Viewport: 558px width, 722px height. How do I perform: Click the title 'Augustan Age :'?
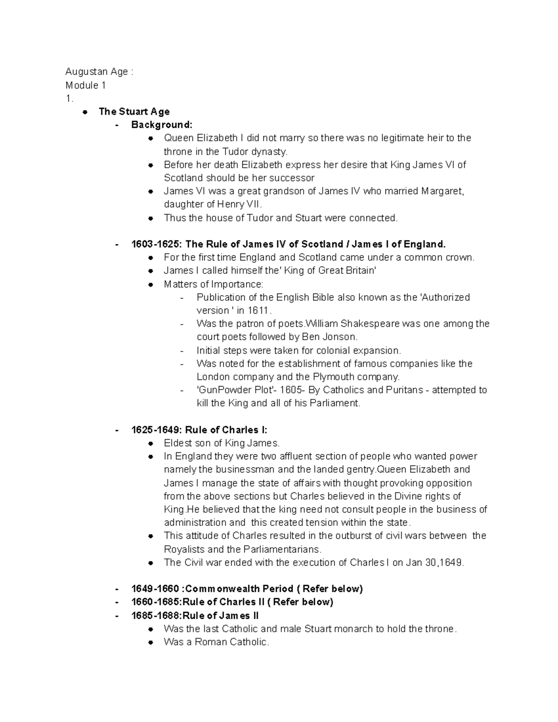(99, 72)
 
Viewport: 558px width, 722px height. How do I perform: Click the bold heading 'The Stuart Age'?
(134, 112)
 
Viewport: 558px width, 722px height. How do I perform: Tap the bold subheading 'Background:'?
(161, 125)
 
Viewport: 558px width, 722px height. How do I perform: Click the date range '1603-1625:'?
(157, 244)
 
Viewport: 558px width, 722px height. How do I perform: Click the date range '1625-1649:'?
(157, 430)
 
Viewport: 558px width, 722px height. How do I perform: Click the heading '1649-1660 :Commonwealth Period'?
(246, 589)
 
